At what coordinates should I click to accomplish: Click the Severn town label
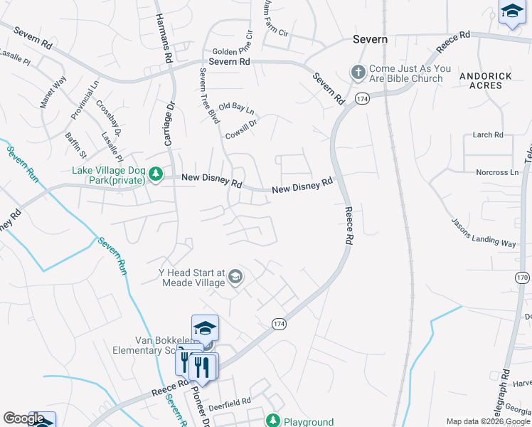371,40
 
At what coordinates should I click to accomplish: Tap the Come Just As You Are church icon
358,73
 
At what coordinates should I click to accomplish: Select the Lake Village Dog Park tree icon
156,174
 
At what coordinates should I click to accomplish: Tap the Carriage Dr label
169,125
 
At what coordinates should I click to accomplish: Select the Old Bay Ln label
236,108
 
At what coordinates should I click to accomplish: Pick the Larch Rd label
488,135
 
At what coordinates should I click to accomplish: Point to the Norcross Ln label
497,172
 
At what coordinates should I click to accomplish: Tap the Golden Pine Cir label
232,53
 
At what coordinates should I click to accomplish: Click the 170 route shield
523,277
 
